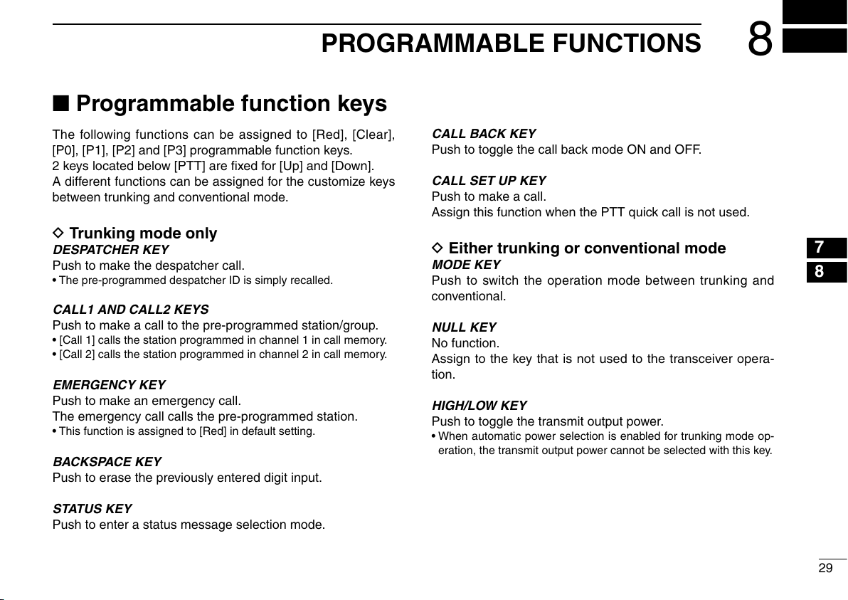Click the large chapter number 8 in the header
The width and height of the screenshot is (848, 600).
(x=760, y=39)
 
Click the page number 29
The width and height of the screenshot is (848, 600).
(x=825, y=568)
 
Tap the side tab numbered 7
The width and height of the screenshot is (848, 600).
(x=820, y=247)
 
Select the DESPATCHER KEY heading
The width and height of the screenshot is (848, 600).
(x=111, y=250)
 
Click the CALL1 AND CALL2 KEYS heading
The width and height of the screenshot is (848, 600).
(x=130, y=310)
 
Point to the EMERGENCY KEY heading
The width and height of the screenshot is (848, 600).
(x=109, y=384)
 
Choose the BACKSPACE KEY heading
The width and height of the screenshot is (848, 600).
(x=107, y=461)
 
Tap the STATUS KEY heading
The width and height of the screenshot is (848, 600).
(x=92, y=509)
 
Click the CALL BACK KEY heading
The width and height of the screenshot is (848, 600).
(x=484, y=134)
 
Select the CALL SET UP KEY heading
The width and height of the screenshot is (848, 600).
(x=489, y=181)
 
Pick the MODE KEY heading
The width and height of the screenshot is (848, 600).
(x=466, y=265)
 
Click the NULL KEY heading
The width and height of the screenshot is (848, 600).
(x=464, y=327)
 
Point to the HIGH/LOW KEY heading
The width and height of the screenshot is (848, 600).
(x=479, y=406)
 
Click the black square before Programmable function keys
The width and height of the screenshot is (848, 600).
(x=60, y=102)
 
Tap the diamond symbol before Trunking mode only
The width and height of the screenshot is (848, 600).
(x=58, y=233)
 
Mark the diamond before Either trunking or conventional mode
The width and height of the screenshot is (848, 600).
(x=438, y=248)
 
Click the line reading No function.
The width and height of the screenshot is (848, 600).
(x=465, y=343)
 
